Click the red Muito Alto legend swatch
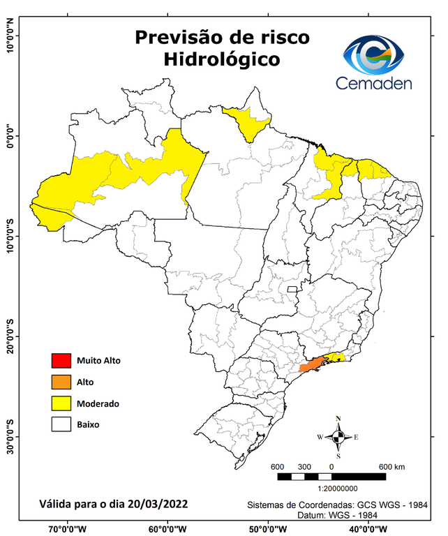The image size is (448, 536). pos(61,361)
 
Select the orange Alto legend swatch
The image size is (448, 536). pos(61,382)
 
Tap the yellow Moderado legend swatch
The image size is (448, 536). pos(61,403)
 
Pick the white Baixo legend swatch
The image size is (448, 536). pos(61,424)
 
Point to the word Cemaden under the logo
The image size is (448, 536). pos(374,83)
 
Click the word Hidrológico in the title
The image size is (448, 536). pos(221,59)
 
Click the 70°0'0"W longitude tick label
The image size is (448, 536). pos(67,528)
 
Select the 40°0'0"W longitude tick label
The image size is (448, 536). pos(366,528)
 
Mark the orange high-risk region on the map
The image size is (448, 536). pos(311,365)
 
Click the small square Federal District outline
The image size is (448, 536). pos(292,289)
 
